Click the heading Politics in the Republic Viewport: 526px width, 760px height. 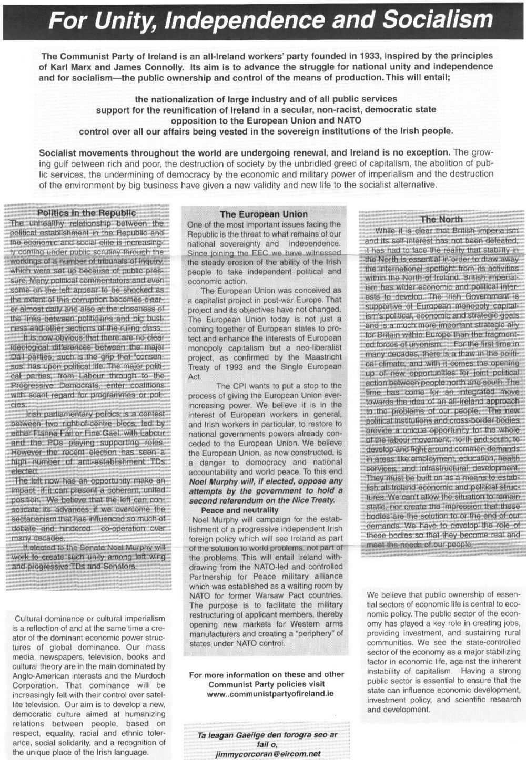click(x=86, y=213)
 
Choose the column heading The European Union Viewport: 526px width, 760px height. click(x=264, y=214)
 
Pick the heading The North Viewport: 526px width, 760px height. click(x=441, y=219)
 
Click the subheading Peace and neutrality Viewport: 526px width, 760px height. click(x=239, y=510)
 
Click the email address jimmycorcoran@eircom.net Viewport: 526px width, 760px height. click(x=268, y=754)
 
